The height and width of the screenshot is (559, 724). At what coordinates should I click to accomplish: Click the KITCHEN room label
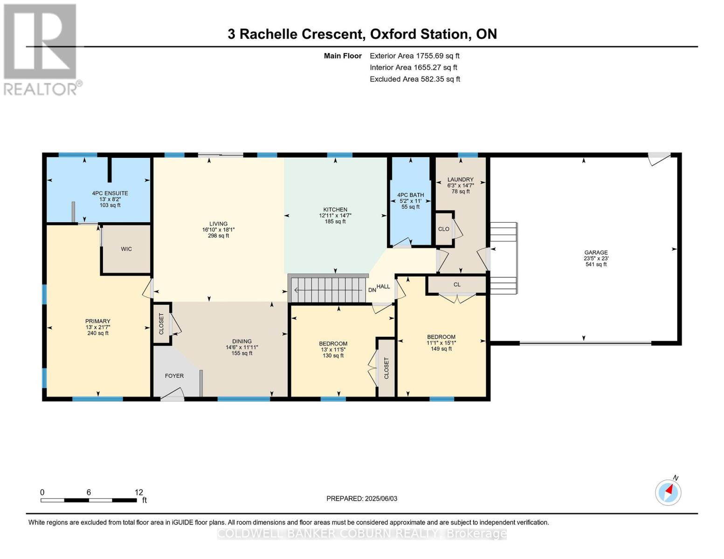[x=335, y=210]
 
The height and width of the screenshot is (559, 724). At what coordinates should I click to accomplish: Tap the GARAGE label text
[x=596, y=252]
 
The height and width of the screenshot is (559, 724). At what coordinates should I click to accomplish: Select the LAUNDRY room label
[x=461, y=179]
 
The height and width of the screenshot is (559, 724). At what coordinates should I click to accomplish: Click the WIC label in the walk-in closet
[x=126, y=249]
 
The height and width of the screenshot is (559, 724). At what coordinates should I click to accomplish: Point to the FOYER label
[x=174, y=376]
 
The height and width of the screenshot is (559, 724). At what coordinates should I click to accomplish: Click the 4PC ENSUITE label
[x=110, y=193]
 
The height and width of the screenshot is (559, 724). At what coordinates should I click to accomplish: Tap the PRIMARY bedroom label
[x=97, y=321]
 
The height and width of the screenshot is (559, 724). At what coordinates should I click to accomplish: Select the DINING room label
[x=242, y=341]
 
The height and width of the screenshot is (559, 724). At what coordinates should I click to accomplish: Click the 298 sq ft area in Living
[x=219, y=236]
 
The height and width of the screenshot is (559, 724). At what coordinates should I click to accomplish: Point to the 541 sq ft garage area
[x=596, y=264]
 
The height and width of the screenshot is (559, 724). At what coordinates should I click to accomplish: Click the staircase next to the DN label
[x=327, y=290]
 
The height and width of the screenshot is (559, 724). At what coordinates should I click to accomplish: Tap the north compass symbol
[x=668, y=492]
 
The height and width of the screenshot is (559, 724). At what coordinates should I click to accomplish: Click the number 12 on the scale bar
[x=139, y=492]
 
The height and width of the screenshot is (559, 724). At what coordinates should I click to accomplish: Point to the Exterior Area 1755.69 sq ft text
[x=414, y=56]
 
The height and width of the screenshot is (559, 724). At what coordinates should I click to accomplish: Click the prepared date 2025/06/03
[x=381, y=498]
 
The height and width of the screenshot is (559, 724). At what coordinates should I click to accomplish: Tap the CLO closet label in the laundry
[x=444, y=229]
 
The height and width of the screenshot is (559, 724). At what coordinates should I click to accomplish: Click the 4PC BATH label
[x=410, y=195]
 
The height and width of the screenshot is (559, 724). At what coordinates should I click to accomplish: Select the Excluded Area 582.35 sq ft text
[x=415, y=79]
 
